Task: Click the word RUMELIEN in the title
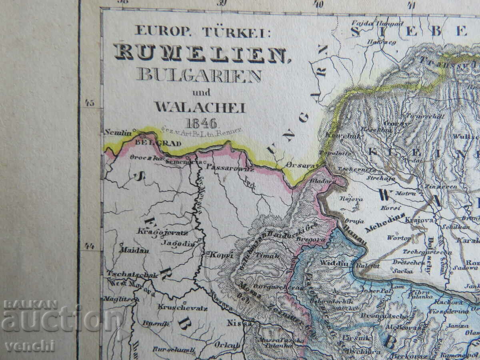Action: coord(203,54)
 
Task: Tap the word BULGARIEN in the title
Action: coord(199,75)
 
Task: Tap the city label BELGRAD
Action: coord(150,142)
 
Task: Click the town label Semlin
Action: coord(117,132)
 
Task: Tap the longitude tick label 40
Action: coord(319,4)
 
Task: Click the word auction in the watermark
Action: coord(60,320)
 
